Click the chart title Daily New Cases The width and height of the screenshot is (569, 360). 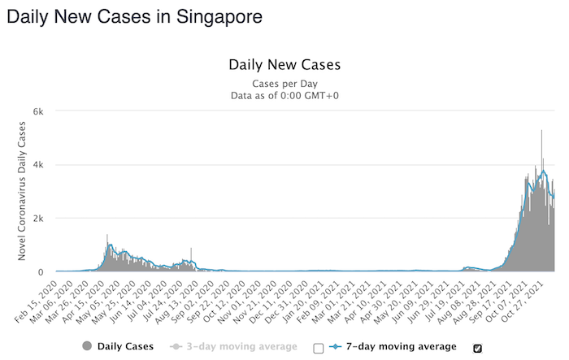coord(284,65)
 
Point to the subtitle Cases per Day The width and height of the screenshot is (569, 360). coord(284,83)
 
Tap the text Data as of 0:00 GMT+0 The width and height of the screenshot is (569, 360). coord(284,96)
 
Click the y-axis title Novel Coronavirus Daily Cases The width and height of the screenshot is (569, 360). coord(24,192)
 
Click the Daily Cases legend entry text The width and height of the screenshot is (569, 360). coord(125,347)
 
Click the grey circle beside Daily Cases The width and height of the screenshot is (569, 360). coord(87,347)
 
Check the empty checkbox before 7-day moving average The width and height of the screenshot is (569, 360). coord(318,348)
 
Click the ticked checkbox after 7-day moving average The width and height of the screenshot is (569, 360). coord(477,348)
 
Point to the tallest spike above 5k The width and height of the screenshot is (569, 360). coord(541,132)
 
